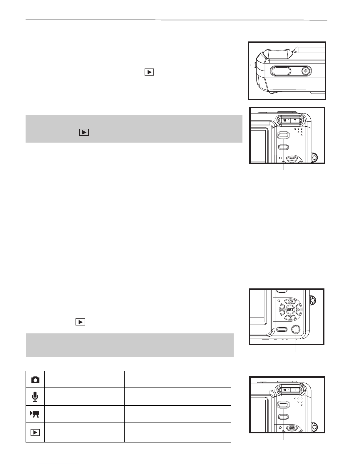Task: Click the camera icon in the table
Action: click(35, 380)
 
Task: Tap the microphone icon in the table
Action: click(35, 397)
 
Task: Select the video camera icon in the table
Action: click(35, 414)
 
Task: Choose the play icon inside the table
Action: click(35, 432)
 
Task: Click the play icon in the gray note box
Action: click(84, 132)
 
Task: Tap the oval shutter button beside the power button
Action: click(280, 71)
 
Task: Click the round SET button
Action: click(290, 310)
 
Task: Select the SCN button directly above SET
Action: click(290, 301)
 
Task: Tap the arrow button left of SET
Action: click(282, 310)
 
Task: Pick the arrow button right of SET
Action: click(298, 310)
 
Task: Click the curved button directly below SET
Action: click(290, 318)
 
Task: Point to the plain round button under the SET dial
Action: click(296, 329)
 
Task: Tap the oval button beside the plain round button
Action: click(282, 329)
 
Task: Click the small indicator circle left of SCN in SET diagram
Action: click(279, 301)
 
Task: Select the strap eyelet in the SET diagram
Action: click(313, 300)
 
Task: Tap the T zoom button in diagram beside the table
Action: click(295, 390)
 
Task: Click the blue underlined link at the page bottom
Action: click(58, 463)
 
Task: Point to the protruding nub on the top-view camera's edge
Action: click(253, 65)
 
